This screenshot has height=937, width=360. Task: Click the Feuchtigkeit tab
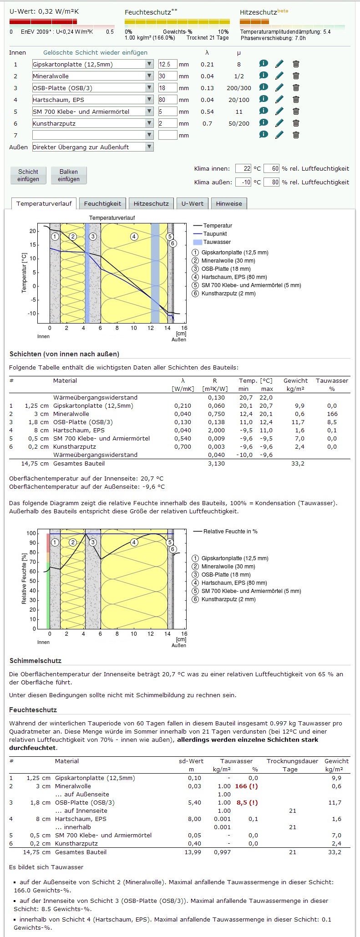(102, 203)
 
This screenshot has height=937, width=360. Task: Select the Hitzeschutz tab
(151, 203)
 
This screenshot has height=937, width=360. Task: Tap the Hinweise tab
(229, 203)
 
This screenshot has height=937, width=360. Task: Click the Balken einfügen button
(68, 175)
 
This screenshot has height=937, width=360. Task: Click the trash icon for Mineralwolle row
(296, 76)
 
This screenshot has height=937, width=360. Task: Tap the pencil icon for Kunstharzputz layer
(279, 123)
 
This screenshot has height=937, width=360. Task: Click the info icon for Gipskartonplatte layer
(264, 64)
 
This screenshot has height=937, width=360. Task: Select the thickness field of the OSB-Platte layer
(167, 88)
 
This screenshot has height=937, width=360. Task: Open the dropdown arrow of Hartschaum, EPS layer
(149, 100)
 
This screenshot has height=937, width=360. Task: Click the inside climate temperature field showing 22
(243, 168)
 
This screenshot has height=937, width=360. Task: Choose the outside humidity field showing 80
(271, 182)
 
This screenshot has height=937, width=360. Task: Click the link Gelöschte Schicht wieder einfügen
(95, 52)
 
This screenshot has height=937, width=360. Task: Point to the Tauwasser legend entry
(217, 242)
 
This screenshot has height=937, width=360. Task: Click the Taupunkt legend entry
(215, 234)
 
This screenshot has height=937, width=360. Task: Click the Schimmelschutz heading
(35, 660)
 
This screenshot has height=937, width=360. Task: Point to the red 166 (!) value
(246, 786)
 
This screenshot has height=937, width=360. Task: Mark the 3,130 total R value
(216, 463)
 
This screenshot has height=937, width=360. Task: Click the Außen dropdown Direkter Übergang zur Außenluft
(93, 147)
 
